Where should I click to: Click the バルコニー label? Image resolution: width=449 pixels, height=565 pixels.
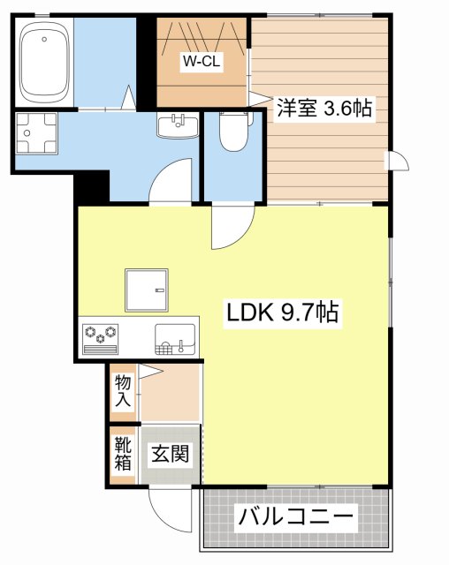pos(295,516)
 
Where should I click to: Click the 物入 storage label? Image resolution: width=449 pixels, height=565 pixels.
pos(122,389)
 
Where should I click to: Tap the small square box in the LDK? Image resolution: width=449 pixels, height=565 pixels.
pos(145,290)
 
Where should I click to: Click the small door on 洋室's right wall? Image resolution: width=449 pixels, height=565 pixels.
pos(398,162)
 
